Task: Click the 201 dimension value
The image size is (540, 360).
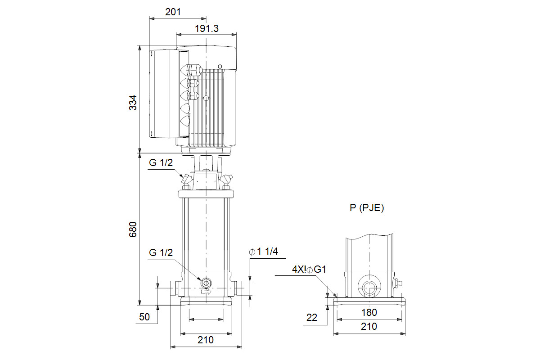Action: [x=173, y=12]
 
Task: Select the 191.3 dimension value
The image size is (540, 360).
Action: [x=207, y=28]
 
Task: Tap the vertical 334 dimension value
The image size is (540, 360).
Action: [x=133, y=103]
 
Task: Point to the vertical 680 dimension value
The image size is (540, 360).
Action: [x=133, y=229]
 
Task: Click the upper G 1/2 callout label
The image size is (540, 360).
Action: [x=161, y=163]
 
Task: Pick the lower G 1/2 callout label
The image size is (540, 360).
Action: [x=161, y=252]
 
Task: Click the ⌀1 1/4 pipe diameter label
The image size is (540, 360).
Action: [x=264, y=252]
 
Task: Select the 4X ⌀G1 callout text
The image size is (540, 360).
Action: [x=309, y=269]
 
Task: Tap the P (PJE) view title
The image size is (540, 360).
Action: [x=367, y=207]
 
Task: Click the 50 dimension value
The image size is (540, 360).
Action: [x=144, y=317]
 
